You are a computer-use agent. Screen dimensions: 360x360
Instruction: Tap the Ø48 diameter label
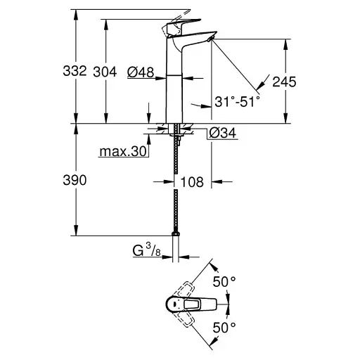[x=141, y=71]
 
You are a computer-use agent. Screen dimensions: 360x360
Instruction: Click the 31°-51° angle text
[x=238, y=102]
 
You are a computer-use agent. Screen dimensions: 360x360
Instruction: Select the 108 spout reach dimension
[x=192, y=182]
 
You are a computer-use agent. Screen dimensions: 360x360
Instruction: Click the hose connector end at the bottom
[x=174, y=233]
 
